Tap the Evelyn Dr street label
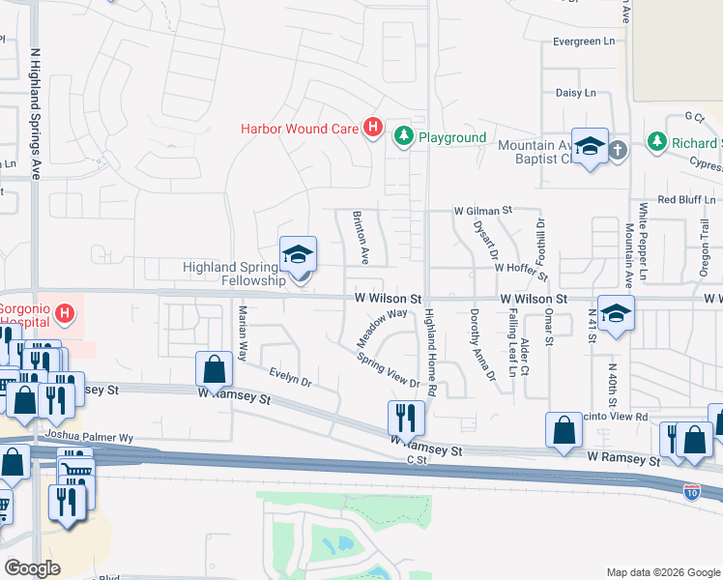290,377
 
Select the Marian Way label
244,332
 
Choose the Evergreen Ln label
584,42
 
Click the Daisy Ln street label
575,93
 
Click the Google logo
32,568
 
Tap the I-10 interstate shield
691,491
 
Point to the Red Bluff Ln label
684,199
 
